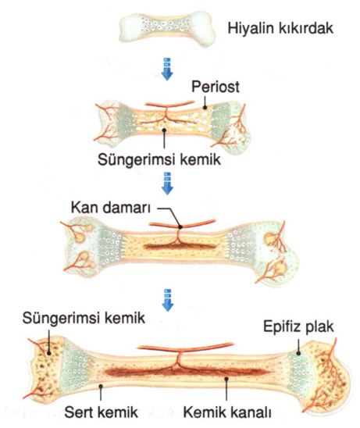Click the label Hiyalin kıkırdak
(x=280, y=28)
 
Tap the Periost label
(x=216, y=87)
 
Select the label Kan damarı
(x=111, y=208)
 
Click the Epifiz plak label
(x=298, y=326)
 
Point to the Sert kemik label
(x=101, y=412)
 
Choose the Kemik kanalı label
(x=227, y=412)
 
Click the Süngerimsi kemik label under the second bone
(x=159, y=159)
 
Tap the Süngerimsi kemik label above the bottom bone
(x=84, y=318)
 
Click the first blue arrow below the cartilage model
(x=167, y=69)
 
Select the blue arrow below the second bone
(x=167, y=184)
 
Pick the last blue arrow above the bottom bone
(x=168, y=300)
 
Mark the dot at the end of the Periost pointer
(x=205, y=108)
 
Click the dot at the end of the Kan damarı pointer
(x=180, y=226)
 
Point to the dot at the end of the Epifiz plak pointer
(x=298, y=353)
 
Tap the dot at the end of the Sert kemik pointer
(x=101, y=386)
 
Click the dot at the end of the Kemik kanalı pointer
(x=226, y=378)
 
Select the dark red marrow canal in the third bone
(x=180, y=247)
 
